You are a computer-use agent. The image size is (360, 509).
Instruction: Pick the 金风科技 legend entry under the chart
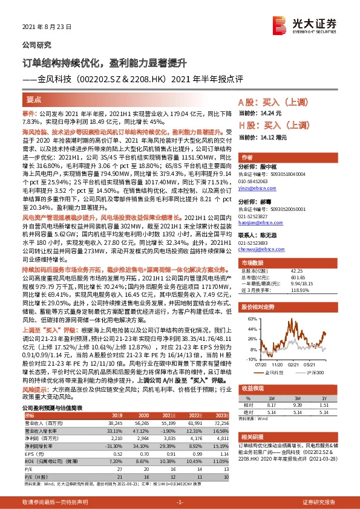click(274, 372)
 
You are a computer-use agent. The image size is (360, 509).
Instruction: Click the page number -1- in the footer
click(180, 502)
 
